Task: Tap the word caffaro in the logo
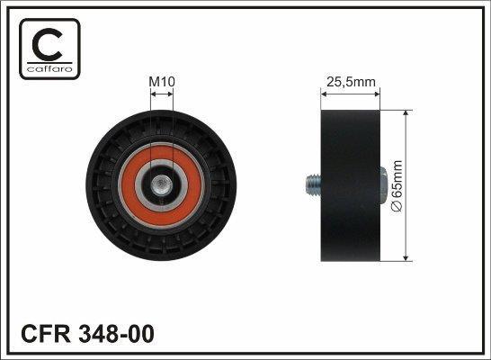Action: (49, 69)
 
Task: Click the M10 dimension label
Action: (162, 82)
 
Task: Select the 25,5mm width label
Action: (351, 82)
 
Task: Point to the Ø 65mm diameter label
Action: (397, 185)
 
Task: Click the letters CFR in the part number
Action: (46, 333)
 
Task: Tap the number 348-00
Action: (117, 333)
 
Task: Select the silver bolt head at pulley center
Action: (161, 185)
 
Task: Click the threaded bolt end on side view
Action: (313, 185)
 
